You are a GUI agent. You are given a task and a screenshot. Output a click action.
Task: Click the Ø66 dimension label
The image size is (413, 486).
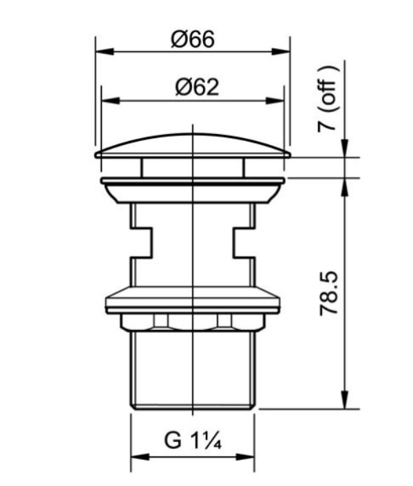coord(193,39)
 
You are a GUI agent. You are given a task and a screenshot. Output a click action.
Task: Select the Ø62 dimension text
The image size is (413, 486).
coord(197,87)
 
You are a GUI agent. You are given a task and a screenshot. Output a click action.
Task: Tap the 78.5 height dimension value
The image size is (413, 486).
coord(328,294)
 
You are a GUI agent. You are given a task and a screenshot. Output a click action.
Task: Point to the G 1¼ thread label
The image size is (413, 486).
coord(193,440)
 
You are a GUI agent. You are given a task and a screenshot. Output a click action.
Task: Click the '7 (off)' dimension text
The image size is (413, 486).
coord(328,99)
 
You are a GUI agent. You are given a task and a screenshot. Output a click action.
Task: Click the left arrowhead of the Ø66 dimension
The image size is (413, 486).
coord(105,52)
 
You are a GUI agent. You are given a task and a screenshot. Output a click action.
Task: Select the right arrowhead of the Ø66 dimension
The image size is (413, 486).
coord(281,52)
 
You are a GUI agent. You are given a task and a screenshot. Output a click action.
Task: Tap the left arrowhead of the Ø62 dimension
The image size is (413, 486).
coord(111,100)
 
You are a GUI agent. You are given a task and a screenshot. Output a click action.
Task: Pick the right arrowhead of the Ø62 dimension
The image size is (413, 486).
coord(275,100)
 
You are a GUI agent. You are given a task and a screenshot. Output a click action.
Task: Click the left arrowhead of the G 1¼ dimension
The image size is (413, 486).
coord(140,457)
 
